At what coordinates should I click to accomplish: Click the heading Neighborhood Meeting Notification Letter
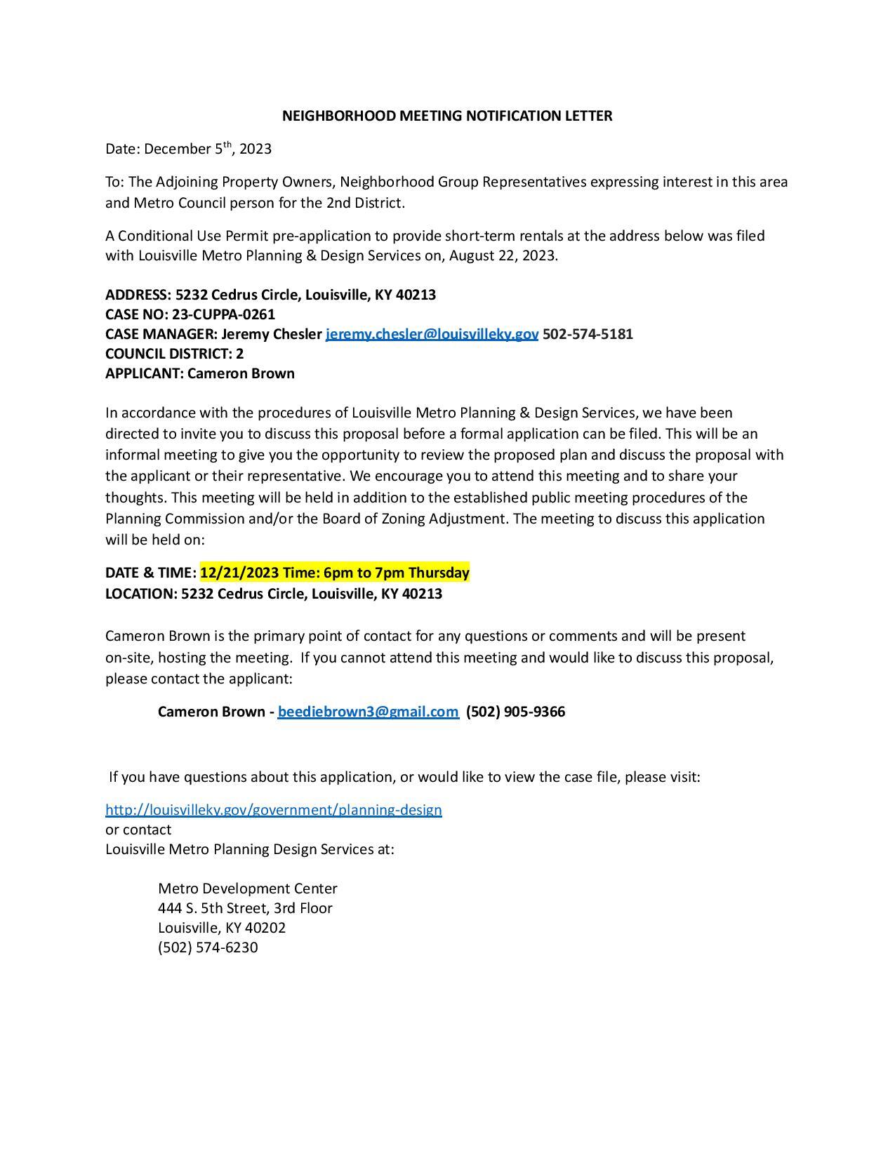[447, 116]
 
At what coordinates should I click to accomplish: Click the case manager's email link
[432, 334]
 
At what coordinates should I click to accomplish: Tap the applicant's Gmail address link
[368, 712]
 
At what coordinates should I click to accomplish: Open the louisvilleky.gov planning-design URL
[274, 810]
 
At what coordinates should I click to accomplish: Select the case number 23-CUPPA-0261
[223, 314]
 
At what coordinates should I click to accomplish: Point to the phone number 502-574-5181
[588, 334]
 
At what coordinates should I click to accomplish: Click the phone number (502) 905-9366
[515, 712]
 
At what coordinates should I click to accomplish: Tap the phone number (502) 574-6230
[208, 947]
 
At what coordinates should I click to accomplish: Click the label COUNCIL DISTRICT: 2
[174, 354]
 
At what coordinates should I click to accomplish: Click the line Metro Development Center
[247, 889]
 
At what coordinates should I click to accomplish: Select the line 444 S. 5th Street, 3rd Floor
[245, 908]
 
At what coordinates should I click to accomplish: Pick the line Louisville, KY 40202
[222, 928]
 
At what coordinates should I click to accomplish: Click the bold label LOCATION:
[141, 594]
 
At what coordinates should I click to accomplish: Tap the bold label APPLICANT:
[145, 373]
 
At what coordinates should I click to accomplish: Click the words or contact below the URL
[138, 830]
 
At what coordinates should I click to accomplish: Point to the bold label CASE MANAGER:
[161, 334]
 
